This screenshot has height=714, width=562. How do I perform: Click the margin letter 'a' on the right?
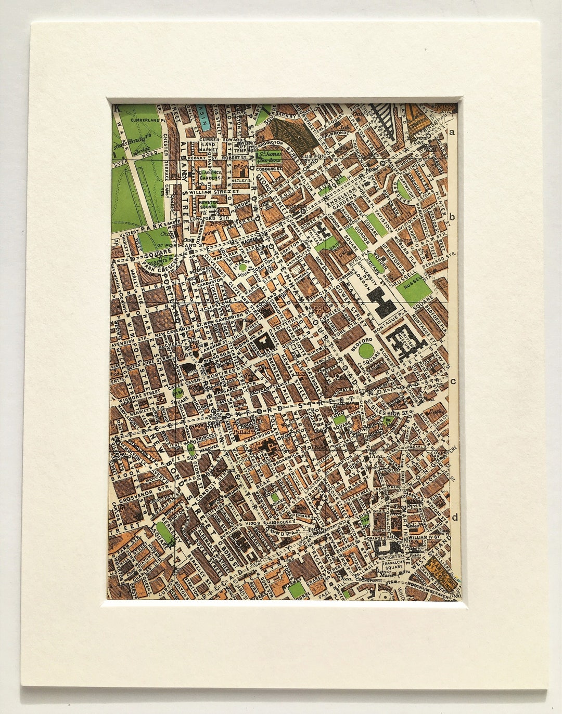(x=453, y=132)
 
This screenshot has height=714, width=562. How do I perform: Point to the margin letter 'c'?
(x=453, y=381)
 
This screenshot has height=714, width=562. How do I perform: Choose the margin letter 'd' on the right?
(x=455, y=517)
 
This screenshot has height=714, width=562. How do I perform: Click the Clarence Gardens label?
(x=209, y=176)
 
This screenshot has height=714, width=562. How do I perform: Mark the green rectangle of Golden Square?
(x=274, y=497)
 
